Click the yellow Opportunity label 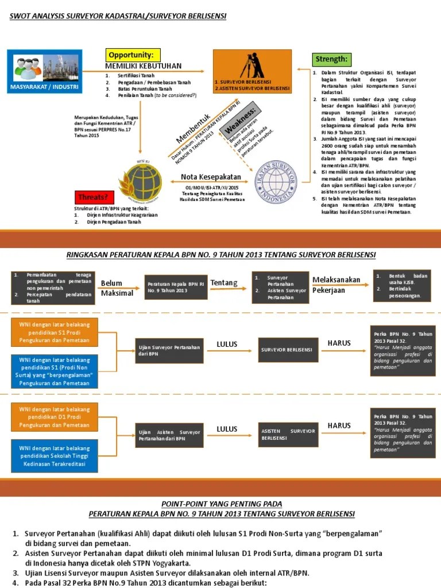coord(130,55)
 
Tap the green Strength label coord(331,59)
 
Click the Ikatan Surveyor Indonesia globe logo coord(276,181)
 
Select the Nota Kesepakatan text coord(211,176)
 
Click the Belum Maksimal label coord(117,288)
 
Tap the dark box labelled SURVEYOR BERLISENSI coord(287,350)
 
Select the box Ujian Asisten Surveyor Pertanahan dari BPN coord(169,435)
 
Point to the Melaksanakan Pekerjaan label coord(336,285)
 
